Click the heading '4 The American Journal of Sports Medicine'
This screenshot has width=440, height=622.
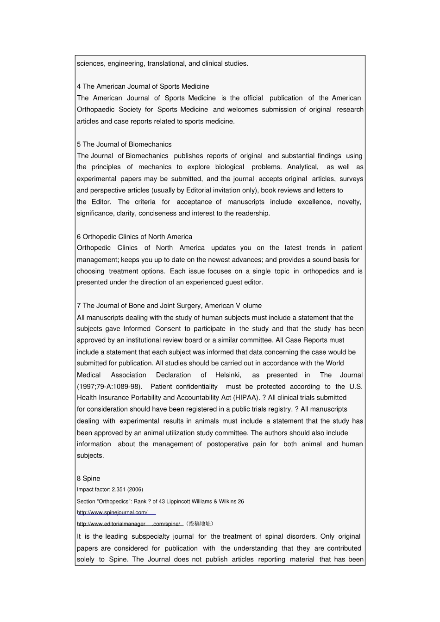pos(143,86)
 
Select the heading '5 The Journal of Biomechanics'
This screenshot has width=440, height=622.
pos(124,144)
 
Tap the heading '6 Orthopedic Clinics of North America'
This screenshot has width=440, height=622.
pos(134,237)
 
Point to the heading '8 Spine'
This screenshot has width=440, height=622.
pos(88,479)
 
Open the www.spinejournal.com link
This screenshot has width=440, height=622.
pos(112,512)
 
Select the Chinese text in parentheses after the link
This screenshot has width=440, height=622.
pos(200,524)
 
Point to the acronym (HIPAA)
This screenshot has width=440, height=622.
pos(246,398)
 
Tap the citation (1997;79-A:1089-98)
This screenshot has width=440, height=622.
pos(109,387)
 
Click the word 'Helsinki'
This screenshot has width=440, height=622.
pos(228,375)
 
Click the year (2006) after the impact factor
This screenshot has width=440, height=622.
pos(135,490)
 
